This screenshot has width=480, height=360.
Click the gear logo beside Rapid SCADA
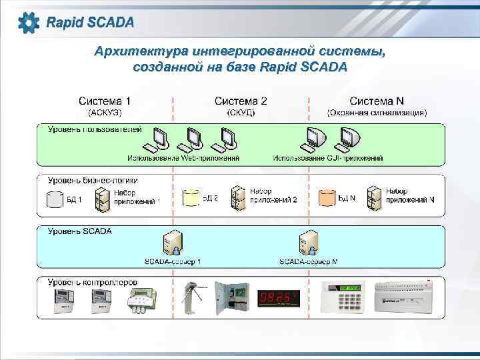(x=29, y=23)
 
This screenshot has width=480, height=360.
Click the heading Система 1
(x=105, y=101)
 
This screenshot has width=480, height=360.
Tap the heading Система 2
(x=241, y=101)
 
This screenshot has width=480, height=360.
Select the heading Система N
(x=377, y=101)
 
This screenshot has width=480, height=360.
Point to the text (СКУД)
(x=241, y=113)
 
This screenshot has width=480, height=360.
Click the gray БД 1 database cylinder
(x=55, y=198)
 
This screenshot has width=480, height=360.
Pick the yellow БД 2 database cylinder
(x=191, y=197)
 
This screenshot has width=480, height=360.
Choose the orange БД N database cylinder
(x=327, y=197)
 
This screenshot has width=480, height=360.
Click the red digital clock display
(x=279, y=297)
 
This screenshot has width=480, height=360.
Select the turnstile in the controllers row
(x=193, y=297)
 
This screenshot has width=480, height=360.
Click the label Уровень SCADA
(x=80, y=231)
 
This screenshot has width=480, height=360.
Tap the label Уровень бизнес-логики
(x=93, y=180)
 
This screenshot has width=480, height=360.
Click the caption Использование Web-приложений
(x=183, y=159)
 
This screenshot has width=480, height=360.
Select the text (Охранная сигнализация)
(x=377, y=113)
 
